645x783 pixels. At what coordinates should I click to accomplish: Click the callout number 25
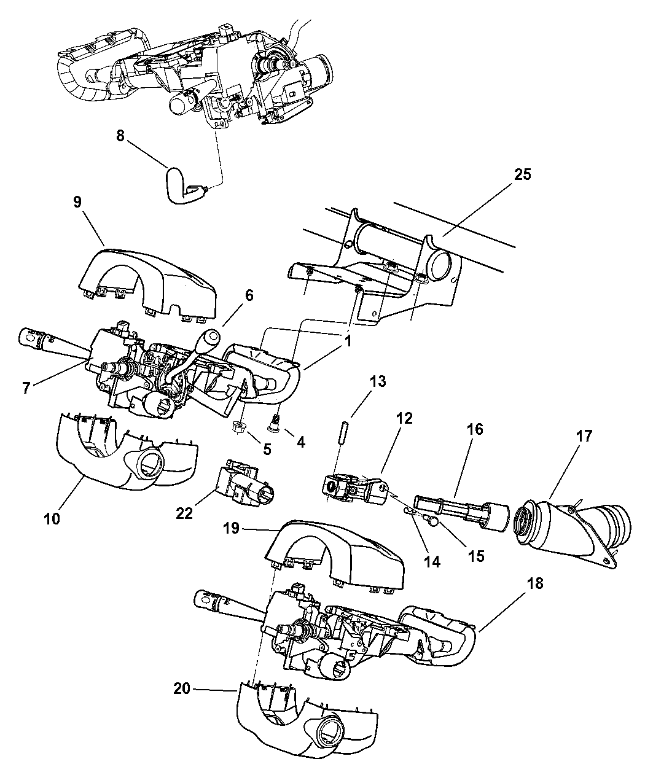point(523,175)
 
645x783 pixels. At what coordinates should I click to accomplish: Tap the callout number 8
point(120,136)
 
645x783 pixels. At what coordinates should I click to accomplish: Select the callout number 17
point(584,437)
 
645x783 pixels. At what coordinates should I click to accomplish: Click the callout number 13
point(378,381)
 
